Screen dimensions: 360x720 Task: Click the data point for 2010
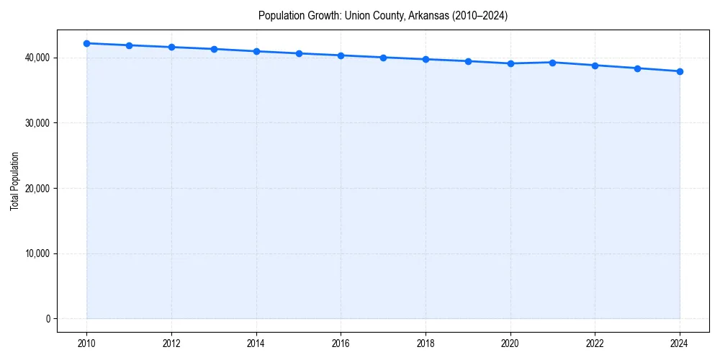(86, 43)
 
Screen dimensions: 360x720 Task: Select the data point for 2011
(129, 45)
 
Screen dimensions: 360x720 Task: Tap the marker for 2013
(214, 49)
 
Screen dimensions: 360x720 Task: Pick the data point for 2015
(299, 53)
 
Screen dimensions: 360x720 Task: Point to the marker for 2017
(383, 58)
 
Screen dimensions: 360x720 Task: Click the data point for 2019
(468, 61)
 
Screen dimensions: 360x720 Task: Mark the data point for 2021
(552, 63)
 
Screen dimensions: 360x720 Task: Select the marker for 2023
(637, 68)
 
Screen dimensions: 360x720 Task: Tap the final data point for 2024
(680, 71)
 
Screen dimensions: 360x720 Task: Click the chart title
(383, 16)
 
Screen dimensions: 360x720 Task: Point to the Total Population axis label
(14, 181)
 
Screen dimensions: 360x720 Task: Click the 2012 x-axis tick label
(171, 343)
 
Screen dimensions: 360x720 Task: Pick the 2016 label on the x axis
(341, 343)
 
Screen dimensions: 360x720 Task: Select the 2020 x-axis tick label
(510, 343)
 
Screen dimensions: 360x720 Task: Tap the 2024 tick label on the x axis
(680, 343)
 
